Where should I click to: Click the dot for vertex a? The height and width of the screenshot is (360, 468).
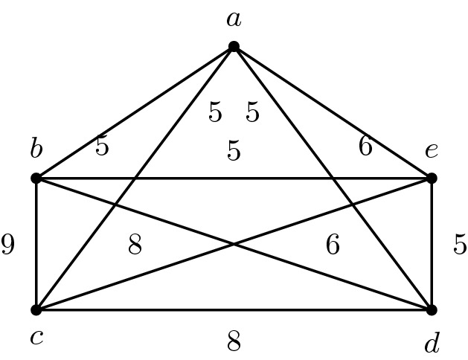(x=234, y=46)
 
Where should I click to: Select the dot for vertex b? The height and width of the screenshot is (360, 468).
(x=36, y=179)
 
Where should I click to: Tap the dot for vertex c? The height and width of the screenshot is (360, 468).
(x=36, y=309)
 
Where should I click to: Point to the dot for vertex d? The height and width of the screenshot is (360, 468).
(x=432, y=309)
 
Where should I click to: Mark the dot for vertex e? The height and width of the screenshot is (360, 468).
(x=432, y=179)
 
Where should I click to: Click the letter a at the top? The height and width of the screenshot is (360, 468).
(x=234, y=19)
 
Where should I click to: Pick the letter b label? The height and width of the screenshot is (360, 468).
(x=36, y=149)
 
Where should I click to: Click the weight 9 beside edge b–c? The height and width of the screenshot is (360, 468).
(x=8, y=245)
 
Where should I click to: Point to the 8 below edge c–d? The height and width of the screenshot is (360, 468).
(x=234, y=341)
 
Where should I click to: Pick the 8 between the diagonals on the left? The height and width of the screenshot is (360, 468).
(x=135, y=244)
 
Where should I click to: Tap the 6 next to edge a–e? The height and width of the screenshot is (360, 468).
(x=365, y=147)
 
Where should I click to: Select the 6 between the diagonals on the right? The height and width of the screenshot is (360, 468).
(x=333, y=244)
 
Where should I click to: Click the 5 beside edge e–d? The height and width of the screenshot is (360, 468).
(x=460, y=244)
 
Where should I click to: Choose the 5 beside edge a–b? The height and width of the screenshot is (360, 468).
(x=102, y=147)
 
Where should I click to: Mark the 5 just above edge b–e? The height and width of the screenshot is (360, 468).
(x=234, y=151)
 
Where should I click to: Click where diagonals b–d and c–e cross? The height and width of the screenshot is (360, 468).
(x=234, y=244)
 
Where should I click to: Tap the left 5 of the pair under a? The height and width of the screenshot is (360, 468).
(x=215, y=113)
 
